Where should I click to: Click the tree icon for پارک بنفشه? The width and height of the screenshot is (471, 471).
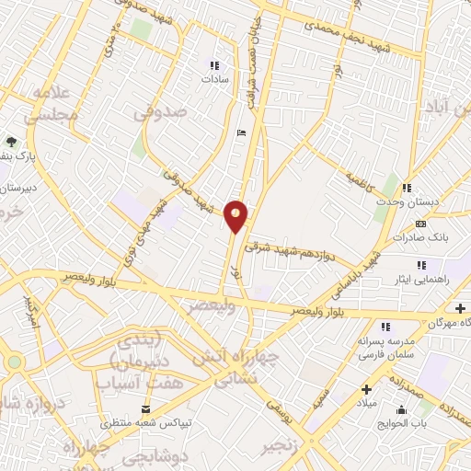tap(11, 141)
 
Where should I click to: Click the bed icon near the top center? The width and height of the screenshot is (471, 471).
tap(241, 133)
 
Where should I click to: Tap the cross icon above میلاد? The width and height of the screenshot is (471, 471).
tap(366, 389)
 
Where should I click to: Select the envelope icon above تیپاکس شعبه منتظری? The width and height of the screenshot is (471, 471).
tap(144, 408)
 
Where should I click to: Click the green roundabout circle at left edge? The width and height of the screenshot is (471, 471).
tap(14, 362)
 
